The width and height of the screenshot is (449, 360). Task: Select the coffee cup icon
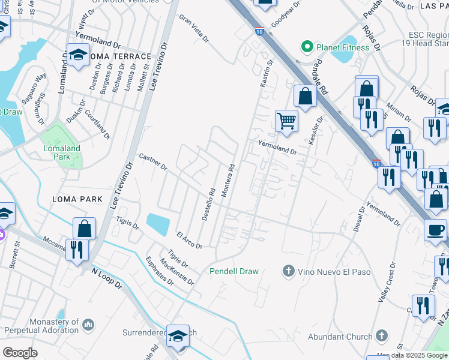[x=435, y=229]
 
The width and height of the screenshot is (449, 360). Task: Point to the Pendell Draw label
[x=234, y=271]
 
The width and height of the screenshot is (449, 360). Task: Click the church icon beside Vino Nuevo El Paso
[x=289, y=271]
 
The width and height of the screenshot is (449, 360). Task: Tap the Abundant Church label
[x=340, y=337]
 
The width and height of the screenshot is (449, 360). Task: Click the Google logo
[x=20, y=353]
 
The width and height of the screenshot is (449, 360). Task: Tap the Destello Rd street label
[x=208, y=205]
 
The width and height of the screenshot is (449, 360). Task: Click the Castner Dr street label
[x=152, y=161]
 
